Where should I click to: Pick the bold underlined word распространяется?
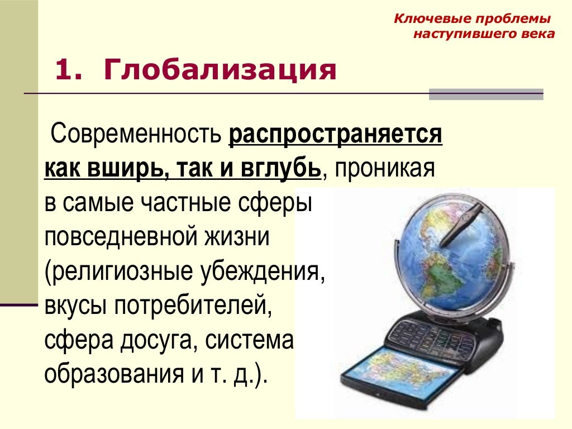(x=335, y=135)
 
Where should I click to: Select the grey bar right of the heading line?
(x=486, y=94)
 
